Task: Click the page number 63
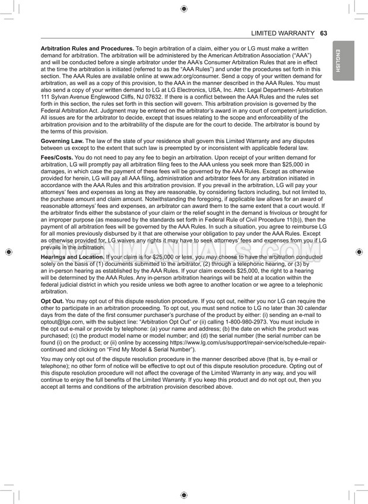pyautogui.click(x=323, y=33)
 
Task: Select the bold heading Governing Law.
pyautogui.click(x=62, y=141)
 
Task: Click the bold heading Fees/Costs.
pyautogui.click(x=56, y=157)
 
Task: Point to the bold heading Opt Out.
pyautogui.click(x=52, y=302)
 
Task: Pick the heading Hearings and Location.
pyautogui.click(x=72, y=256)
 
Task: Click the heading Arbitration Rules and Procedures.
pyautogui.click(x=87, y=47)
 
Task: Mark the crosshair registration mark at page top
pyautogui.click(x=184, y=8)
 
